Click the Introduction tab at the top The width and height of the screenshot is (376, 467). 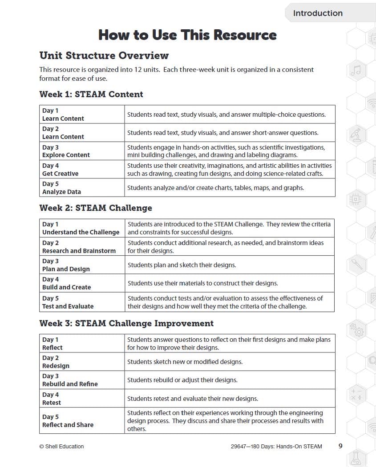pos(318,13)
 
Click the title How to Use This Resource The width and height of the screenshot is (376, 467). pos(187,35)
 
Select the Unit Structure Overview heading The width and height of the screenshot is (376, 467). pos(104,55)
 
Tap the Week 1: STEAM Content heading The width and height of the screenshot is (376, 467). pos(91,94)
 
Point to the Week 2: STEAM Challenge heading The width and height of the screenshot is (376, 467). pos(96,208)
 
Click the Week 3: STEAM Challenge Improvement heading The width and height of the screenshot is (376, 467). pos(126,323)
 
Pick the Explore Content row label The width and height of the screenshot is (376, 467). pos(66,155)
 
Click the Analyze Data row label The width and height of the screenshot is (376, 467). pos(61,192)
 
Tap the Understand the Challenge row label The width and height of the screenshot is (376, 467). pos(81,232)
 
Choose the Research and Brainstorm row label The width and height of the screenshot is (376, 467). pos(79,251)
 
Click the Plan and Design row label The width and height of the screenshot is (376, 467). pos(66,269)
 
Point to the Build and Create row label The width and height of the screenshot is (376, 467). pos(66,287)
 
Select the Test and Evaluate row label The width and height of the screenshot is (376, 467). pos(68,306)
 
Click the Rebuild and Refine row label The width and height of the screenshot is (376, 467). pos(70,384)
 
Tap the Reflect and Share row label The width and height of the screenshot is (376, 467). pos(68,425)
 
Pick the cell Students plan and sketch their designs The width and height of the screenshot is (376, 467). pos(182,265)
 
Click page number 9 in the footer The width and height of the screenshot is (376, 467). pos(340,446)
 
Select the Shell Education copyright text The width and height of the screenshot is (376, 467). pos(61,447)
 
